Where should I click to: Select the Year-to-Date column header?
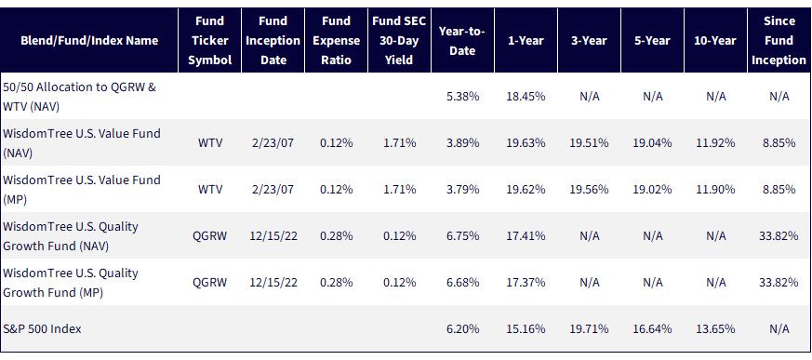462,40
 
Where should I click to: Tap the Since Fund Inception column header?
779,40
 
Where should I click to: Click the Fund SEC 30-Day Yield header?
399,40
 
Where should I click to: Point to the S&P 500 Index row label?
43,329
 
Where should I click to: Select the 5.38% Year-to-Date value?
462,97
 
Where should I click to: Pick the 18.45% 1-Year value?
526,97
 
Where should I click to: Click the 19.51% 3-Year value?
589,143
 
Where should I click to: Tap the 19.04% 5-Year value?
652,143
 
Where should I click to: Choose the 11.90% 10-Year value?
715,190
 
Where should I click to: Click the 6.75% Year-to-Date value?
462,236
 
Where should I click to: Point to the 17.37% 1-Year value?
526,283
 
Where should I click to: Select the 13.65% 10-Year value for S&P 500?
715,329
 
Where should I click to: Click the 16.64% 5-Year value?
652,329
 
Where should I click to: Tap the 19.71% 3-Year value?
589,329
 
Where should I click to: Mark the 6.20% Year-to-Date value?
462,329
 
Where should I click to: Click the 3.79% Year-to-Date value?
462,190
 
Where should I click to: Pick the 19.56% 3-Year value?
589,190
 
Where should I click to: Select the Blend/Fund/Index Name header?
89,40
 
